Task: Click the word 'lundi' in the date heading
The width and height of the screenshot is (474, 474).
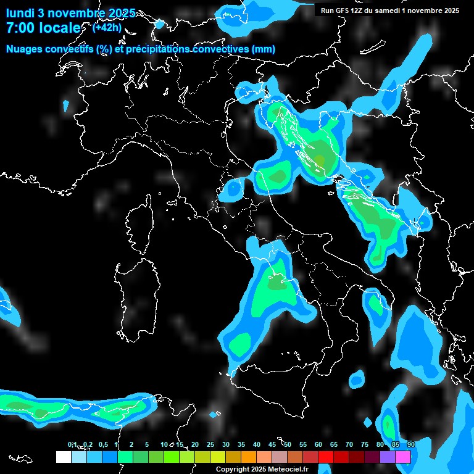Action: (20, 14)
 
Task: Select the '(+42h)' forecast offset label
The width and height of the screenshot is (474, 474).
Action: (107, 27)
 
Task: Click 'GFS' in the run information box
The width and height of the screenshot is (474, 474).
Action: (343, 10)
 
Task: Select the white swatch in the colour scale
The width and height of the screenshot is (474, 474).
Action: (63, 457)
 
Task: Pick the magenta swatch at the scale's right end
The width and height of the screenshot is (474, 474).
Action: (403, 457)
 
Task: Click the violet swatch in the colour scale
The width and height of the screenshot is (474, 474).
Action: (388, 457)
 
